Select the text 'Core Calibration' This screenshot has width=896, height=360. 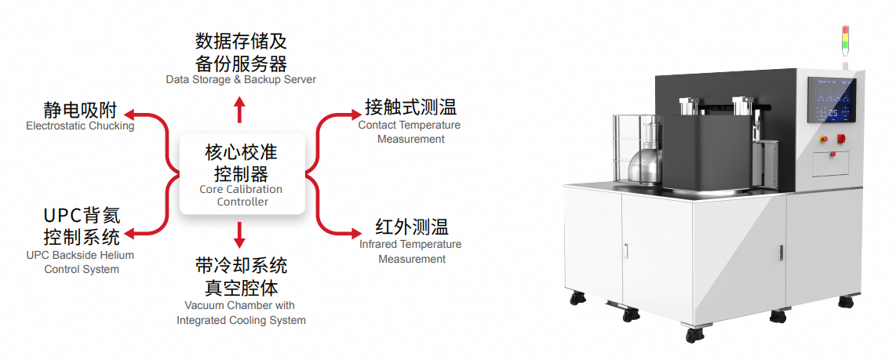tap(241, 189)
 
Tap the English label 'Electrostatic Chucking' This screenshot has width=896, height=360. tap(81, 125)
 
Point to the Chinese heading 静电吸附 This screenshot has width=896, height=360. tap(81, 110)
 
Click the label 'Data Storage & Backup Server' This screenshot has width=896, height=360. tap(241, 79)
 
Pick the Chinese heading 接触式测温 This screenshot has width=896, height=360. tap(411, 107)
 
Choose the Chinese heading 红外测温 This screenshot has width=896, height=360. tap(412, 227)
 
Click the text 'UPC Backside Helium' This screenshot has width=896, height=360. tap(81, 255)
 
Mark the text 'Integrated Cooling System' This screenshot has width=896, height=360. tap(241, 320)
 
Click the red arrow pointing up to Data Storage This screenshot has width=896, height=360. tap(240, 109)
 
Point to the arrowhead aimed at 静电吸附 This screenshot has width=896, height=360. tap(129, 115)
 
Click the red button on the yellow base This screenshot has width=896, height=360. tap(824, 139)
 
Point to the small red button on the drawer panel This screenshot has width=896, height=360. tap(832, 153)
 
